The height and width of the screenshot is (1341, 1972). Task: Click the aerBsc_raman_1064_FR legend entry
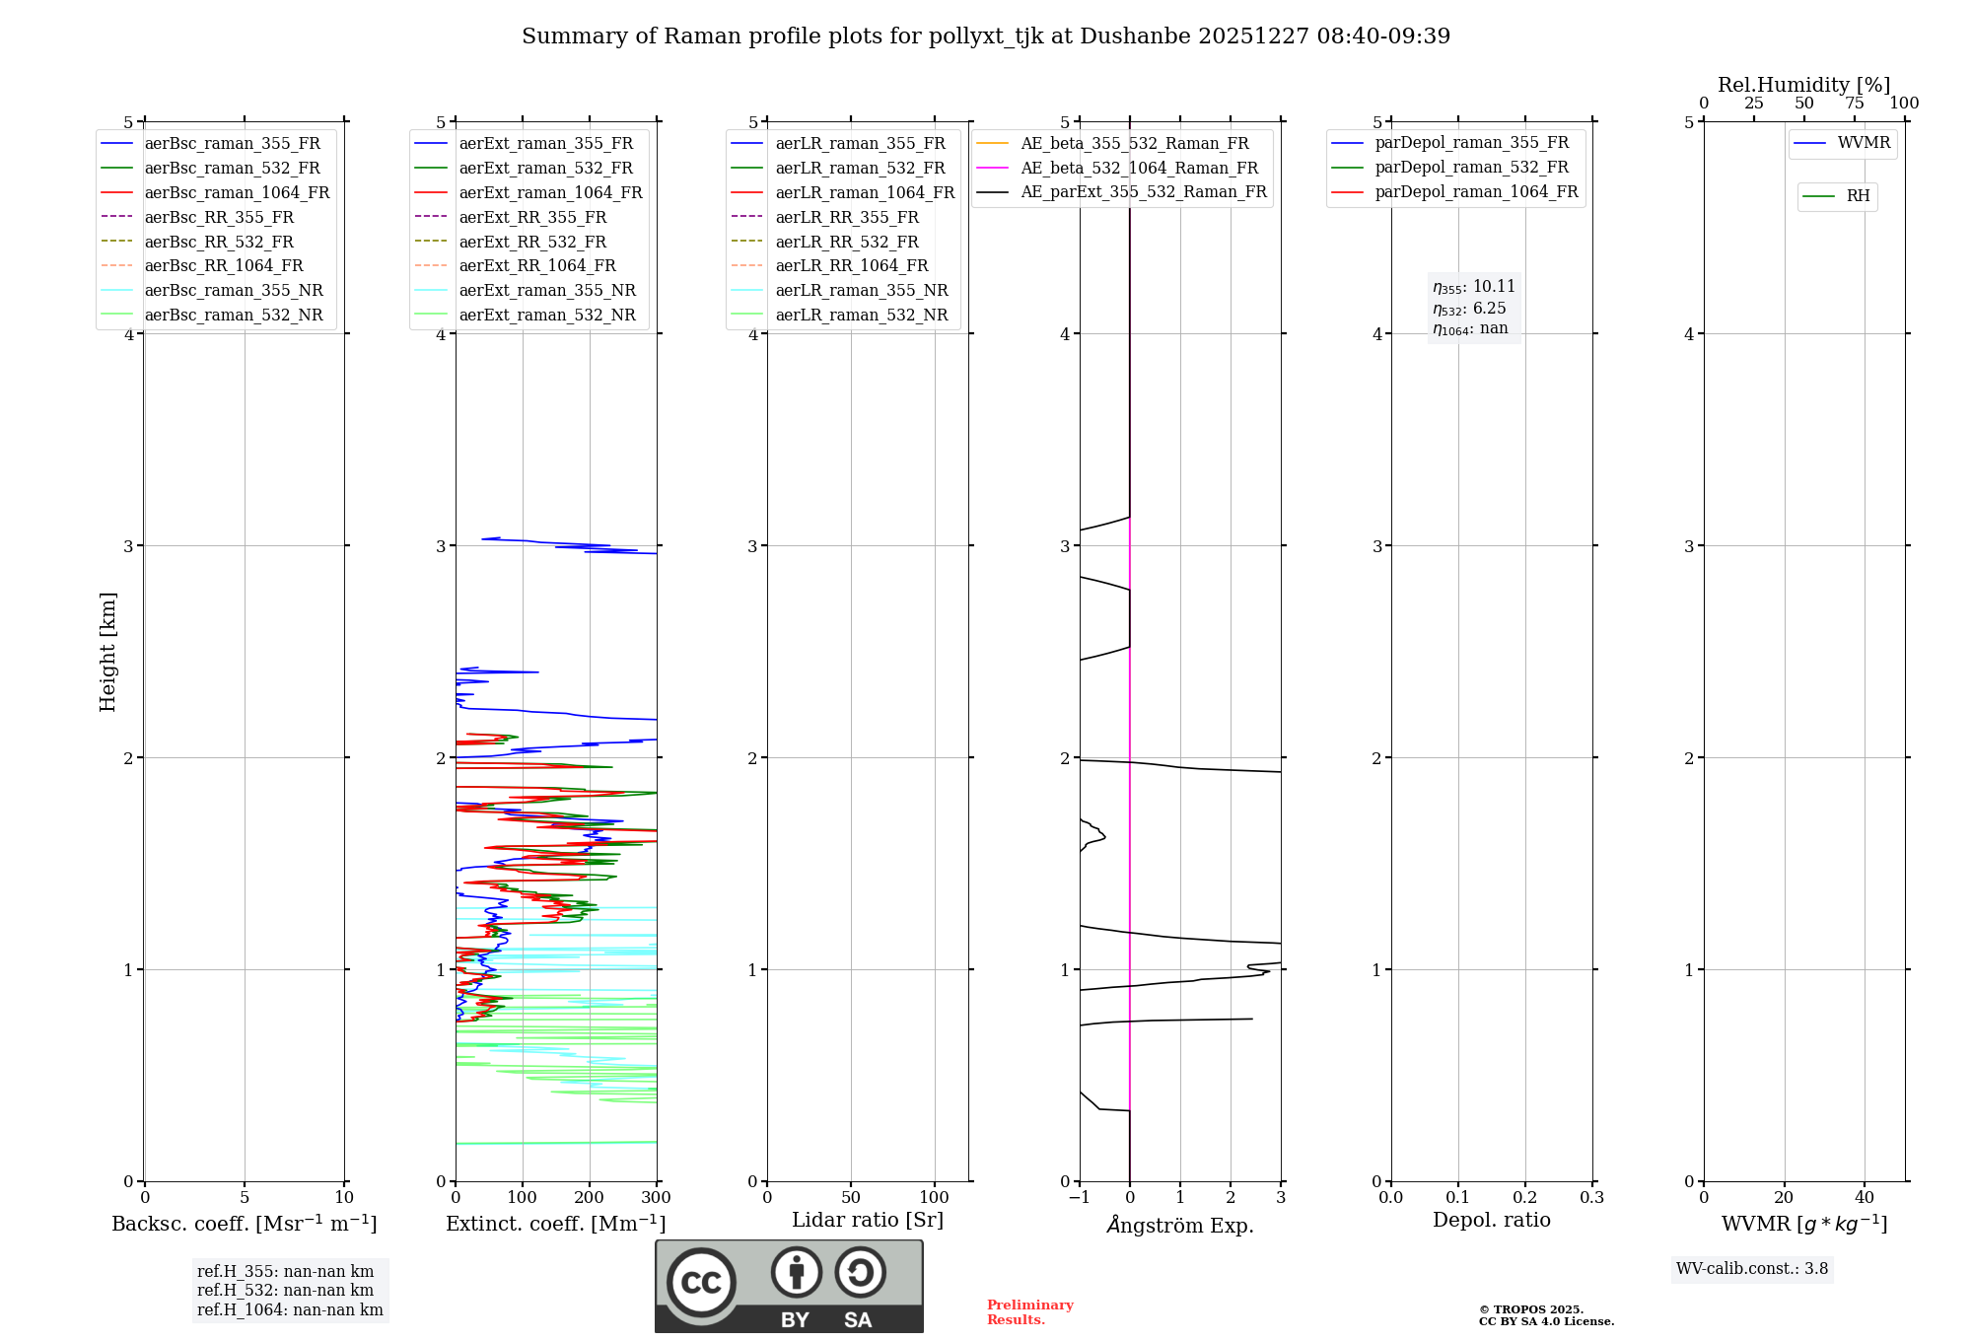tap(237, 192)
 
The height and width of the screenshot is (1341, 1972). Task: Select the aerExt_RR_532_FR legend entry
tap(532, 242)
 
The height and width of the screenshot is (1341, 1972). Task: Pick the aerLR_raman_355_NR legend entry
tap(861, 290)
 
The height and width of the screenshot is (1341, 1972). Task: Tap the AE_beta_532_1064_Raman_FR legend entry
tap(1139, 168)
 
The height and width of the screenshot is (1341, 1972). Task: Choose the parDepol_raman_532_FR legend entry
tap(1471, 168)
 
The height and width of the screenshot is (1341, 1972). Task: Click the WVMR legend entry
tap(1864, 143)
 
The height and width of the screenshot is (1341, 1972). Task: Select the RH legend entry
tap(1858, 196)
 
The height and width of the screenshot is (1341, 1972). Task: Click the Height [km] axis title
tap(107, 652)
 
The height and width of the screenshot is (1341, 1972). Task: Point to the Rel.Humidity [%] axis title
tap(1803, 85)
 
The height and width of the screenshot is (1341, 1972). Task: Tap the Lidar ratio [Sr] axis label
tap(868, 1220)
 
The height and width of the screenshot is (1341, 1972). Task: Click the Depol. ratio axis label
tap(1491, 1220)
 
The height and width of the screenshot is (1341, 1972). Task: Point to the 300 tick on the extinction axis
tap(656, 1198)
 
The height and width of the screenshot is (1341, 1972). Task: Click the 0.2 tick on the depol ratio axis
tap(1524, 1198)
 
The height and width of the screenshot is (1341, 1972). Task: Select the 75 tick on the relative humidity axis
tap(1854, 104)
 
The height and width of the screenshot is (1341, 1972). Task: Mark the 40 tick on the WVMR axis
tap(1864, 1198)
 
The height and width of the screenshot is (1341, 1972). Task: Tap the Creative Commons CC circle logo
tap(701, 1282)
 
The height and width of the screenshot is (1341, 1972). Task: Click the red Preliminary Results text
tap(1029, 1312)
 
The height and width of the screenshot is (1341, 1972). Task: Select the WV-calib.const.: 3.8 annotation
tap(1751, 1269)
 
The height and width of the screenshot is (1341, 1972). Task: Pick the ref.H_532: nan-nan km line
tap(285, 1291)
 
